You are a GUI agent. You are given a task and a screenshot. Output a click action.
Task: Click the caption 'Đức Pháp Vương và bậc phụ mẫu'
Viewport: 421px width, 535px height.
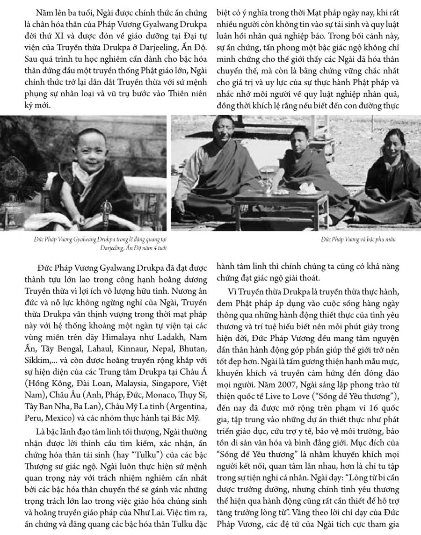(x=359, y=239)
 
